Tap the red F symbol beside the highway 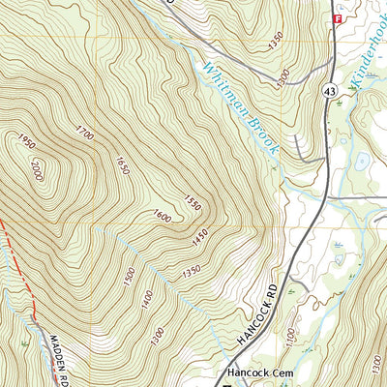(x=338, y=18)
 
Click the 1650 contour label (x=122, y=165)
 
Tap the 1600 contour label (x=161, y=216)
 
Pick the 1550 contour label (x=192, y=204)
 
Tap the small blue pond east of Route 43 (x=361, y=160)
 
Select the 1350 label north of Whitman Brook (x=279, y=41)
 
